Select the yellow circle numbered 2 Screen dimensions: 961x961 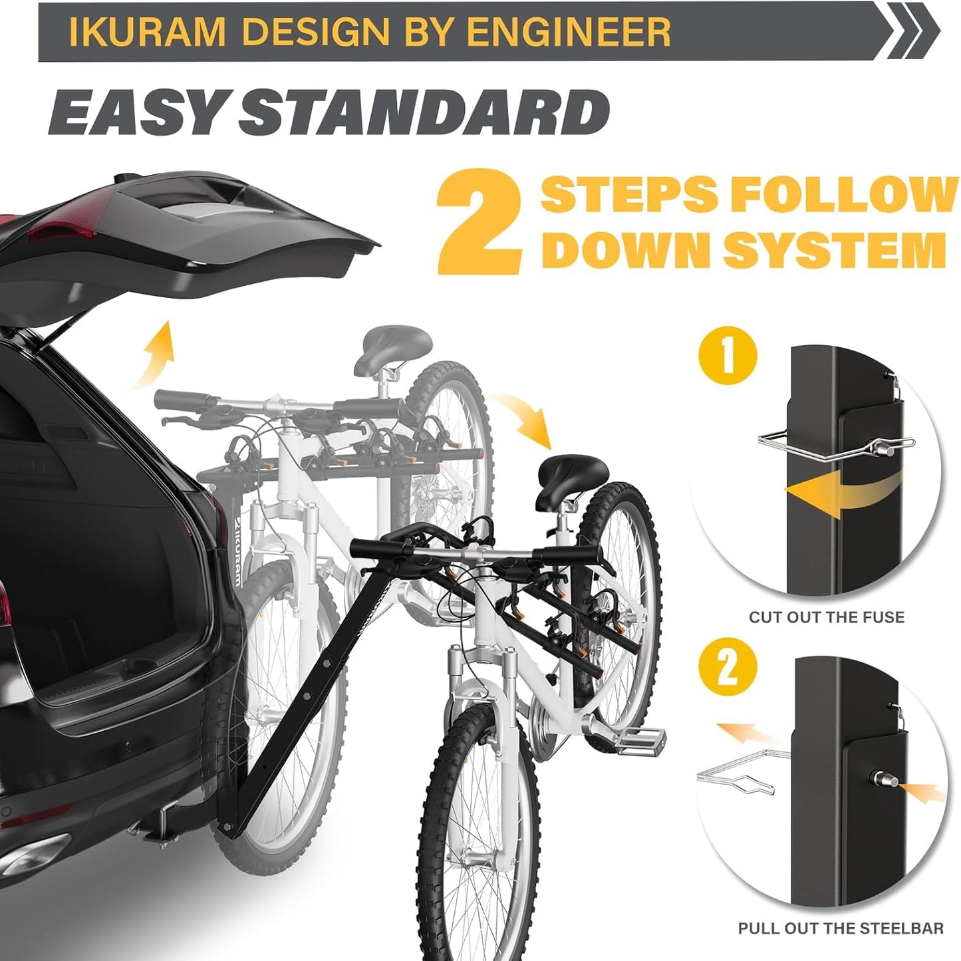click(728, 666)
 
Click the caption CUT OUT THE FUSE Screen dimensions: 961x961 click(827, 617)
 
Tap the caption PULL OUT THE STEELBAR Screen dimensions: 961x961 click(841, 928)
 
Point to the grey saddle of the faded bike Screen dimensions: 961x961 click(393, 342)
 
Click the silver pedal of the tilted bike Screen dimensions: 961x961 click(642, 738)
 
